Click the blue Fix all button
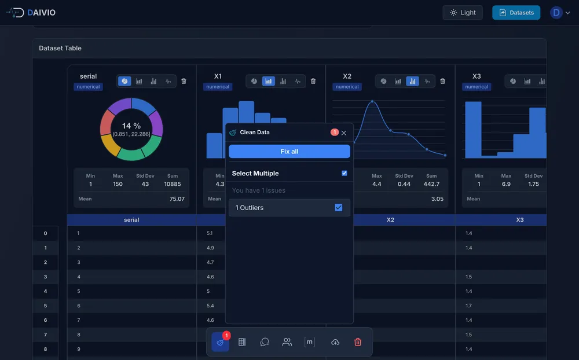tap(289, 152)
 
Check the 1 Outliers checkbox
tap(339, 208)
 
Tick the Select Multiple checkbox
tap(345, 173)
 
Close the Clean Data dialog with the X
tap(344, 133)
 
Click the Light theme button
tap(462, 13)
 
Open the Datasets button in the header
tap(516, 13)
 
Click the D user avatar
tap(556, 13)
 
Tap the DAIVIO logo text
tap(41, 13)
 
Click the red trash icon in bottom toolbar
tap(358, 342)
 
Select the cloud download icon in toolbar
tap(335, 342)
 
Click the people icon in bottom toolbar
tap(287, 342)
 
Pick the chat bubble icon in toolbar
tap(265, 342)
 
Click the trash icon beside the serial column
tap(184, 82)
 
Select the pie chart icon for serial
tap(124, 82)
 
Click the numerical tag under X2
tap(347, 87)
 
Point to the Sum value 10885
tap(173, 184)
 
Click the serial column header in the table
tap(131, 220)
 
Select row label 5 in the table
tap(45, 306)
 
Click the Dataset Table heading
tap(60, 48)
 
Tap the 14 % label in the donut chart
tap(131, 126)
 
